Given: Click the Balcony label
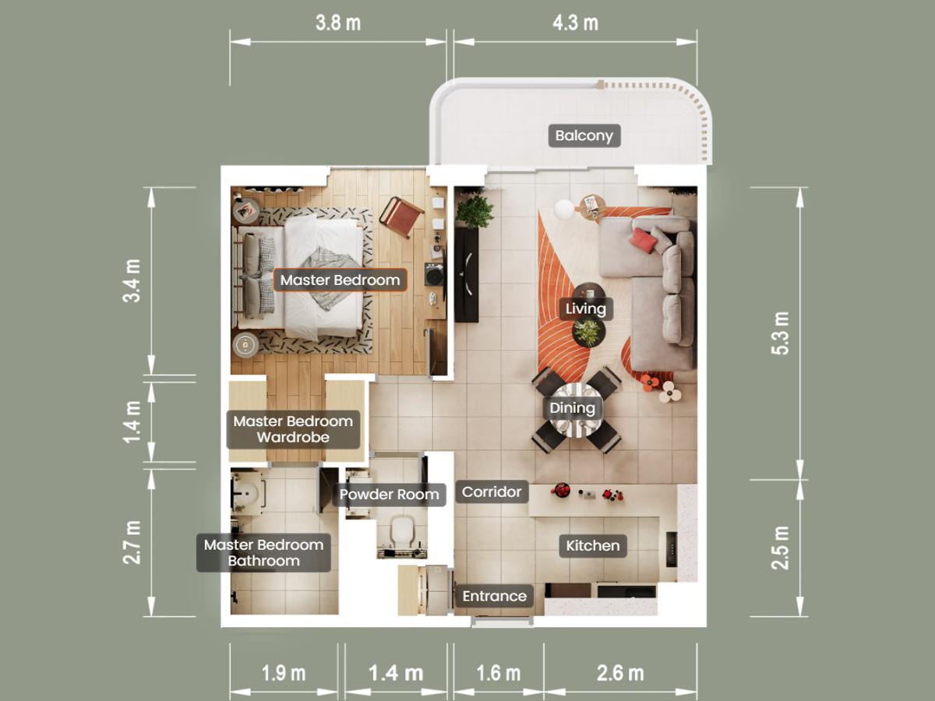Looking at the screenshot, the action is point(584,136).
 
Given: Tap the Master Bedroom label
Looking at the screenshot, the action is point(340,280).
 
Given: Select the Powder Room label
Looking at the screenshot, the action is point(389,495).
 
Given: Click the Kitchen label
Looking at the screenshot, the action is point(592,546).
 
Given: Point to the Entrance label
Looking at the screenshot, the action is point(494,597).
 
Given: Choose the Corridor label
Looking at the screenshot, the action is point(492,492).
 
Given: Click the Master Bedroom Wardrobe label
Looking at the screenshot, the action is point(293,429).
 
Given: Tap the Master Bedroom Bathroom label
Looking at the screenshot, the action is point(263,553).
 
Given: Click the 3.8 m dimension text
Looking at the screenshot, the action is point(338,23).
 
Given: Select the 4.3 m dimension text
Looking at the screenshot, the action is point(576,23).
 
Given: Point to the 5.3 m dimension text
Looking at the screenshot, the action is point(781,333).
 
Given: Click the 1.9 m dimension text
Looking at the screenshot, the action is point(284,673).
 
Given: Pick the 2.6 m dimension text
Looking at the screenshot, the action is point(620,673).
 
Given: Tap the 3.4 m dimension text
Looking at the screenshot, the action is point(132,281).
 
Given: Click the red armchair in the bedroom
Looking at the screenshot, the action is point(400,217).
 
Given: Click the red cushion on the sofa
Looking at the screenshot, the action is point(644,240).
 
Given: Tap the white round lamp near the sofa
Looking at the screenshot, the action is point(564,210).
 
